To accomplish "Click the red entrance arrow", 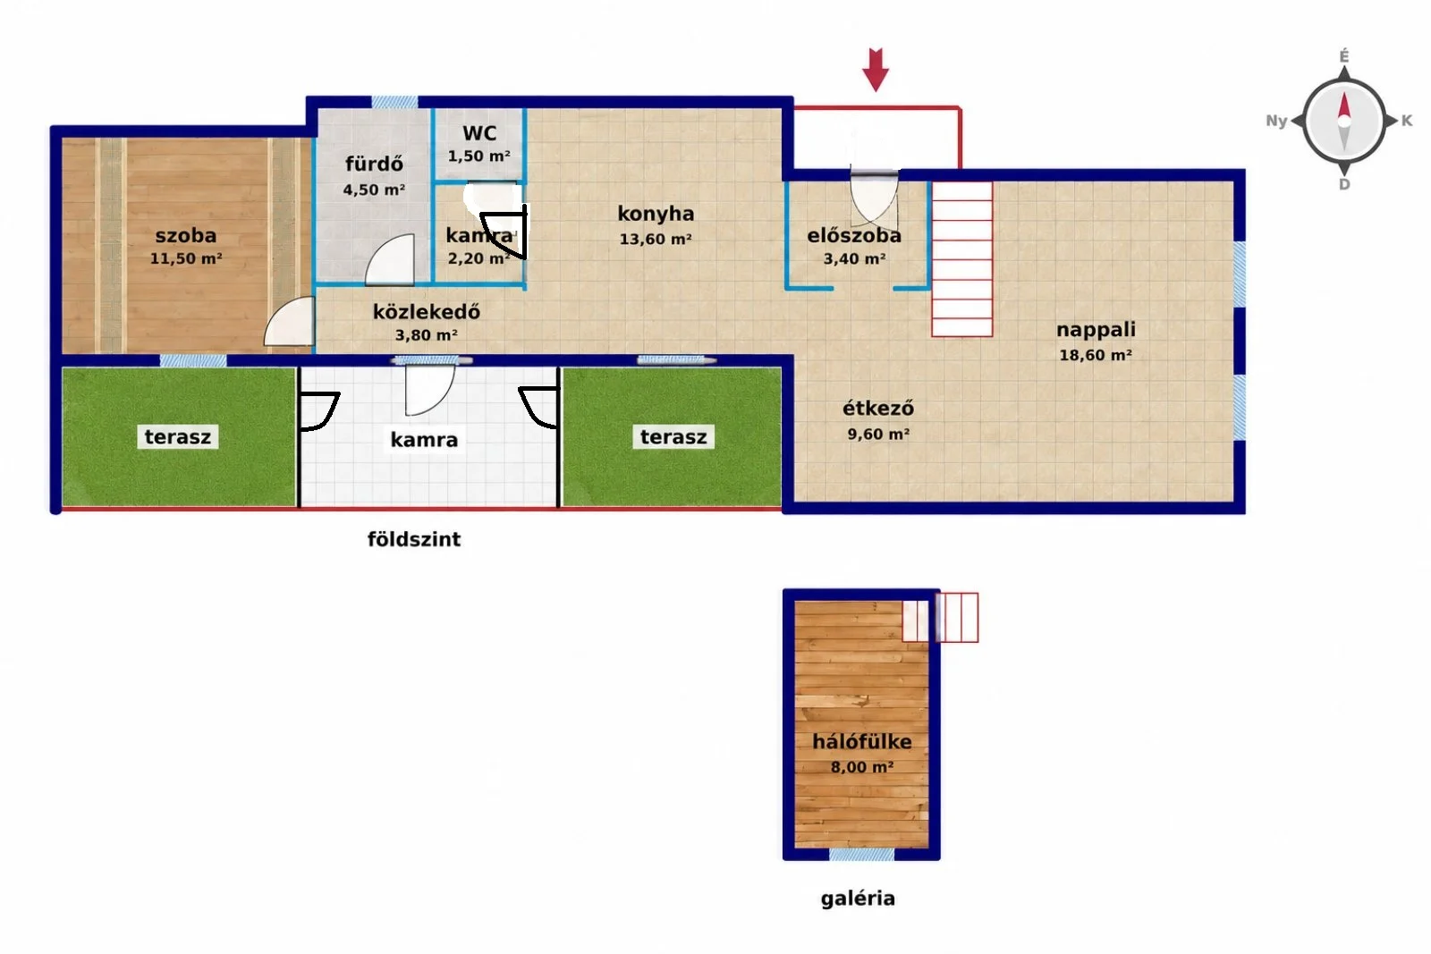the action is click(876, 70).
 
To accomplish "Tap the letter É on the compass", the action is click(1344, 56).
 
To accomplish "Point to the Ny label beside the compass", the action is click(1276, 121).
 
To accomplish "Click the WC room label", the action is click(479, 133).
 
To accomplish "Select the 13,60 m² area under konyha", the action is click(656, 239).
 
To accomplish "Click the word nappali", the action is click(1096, 330).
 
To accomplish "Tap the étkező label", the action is click(877, 408).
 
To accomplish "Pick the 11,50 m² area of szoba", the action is click(186, 258).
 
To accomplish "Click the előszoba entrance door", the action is click(874, 198).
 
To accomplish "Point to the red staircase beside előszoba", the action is click(961, 259).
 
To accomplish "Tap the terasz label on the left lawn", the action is click(178, 437).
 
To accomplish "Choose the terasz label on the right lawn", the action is click(673, 437).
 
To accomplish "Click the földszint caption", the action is click(414, 539).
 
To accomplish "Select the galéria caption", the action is click(858, 899).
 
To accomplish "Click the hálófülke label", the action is click(862, 741).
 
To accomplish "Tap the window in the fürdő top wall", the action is click(394, 102).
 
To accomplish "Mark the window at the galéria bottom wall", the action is click(862, 855).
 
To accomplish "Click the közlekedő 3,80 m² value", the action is click(426, 335).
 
